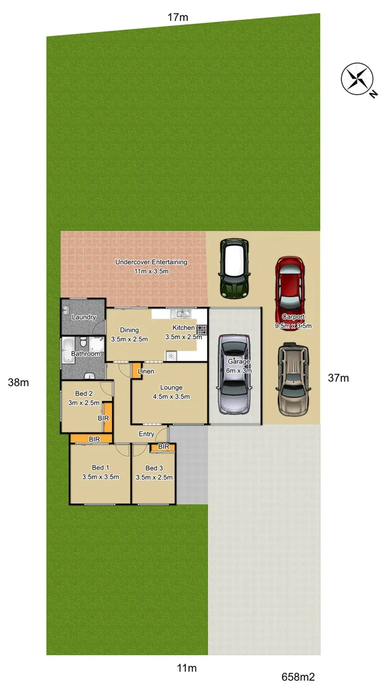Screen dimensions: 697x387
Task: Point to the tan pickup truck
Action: pyautogui.click(x=292, y=379)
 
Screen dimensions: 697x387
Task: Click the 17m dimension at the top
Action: pyautogui.click(x=177, y=18)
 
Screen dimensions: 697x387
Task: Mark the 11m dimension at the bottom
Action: pyautogui.click(x=187, y=668)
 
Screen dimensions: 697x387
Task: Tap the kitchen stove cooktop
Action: pyautogui.click(x=202, y=331)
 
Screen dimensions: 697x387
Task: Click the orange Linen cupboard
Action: pyautogui.click(x=136, y=372)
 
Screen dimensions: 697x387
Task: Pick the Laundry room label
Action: pyautogui.click(x=84, y=317)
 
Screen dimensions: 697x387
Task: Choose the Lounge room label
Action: pyautogui.click(x=171, y=387)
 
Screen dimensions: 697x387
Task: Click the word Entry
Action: pyautogui.click(x=147, y=434)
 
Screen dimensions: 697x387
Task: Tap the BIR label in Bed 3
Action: pyautogui.click(x=164, y=447)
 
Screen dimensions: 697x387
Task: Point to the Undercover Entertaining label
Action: pyautogui.click(x=151, y=262)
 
